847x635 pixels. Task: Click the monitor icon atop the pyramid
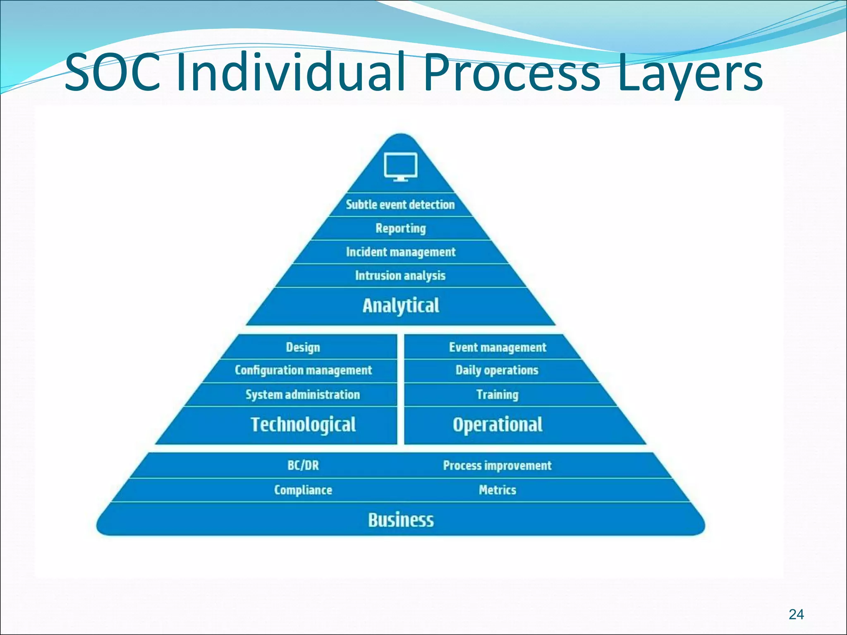coord(400,167)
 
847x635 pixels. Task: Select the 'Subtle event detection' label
coord(400,205)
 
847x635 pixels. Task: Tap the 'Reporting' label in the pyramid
coord(400,228)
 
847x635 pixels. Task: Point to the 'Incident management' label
coord(400,252)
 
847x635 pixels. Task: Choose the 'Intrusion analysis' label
coord(400,275)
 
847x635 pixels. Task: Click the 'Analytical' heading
coord(400,306)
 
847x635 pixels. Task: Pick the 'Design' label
coord(303,347)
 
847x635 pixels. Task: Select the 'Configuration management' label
coord(303,370)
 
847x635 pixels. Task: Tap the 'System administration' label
coord(303,394)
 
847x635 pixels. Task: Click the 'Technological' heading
coord(303,425)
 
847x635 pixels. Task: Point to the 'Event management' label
coord(498,347)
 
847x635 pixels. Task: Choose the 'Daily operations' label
coord(497,370)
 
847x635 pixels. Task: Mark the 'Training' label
coord(497,394)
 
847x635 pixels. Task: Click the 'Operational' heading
coord(498,425)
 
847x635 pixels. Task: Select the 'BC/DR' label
coord(303,466)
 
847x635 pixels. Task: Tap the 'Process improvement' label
coord(497,466)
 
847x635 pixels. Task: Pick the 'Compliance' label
coord(303,490)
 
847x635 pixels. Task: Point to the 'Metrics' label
coord(498,490)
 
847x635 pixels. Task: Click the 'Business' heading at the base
coord(401,520)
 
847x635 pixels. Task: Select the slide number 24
coord(796,614)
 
